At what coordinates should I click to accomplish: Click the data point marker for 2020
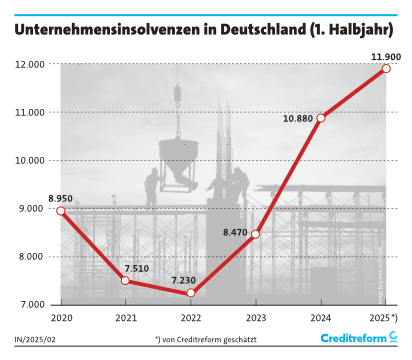[61, 211]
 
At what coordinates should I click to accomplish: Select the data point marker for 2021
[126, 280]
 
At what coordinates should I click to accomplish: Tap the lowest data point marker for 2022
[191, 293]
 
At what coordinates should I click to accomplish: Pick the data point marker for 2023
[256, 234]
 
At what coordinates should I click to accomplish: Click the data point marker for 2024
[321, 118]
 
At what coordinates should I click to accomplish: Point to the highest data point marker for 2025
[386, 69]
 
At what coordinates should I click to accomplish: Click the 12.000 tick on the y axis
[35, 64]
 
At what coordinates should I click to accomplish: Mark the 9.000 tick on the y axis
[38, 208]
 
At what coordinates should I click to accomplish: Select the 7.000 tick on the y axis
[38, 304]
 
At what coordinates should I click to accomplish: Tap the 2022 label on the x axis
[191, 317]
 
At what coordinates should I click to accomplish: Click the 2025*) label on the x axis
[385, 317]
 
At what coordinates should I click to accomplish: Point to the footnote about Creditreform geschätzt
[205, 340]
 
